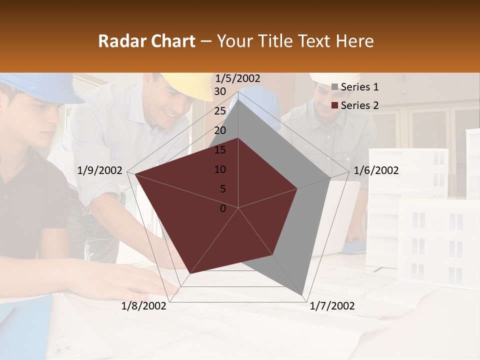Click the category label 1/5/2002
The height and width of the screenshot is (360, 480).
238,78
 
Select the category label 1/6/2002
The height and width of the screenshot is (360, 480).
376,170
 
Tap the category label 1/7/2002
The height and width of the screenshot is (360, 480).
332,306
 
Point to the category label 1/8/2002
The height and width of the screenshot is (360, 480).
144,306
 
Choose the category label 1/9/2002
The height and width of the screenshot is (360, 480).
100,170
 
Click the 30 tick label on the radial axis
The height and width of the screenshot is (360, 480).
220,91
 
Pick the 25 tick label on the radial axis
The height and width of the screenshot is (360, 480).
220,111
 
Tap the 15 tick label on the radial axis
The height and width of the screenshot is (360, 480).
220,150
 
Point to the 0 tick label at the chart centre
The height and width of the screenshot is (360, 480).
223,208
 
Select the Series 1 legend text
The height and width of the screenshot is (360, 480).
359,87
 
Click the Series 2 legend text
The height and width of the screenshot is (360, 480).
359,105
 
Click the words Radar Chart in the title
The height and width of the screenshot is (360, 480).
147,41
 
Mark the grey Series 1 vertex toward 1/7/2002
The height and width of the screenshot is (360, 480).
303,295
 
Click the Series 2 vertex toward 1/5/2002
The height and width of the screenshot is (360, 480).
238,138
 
